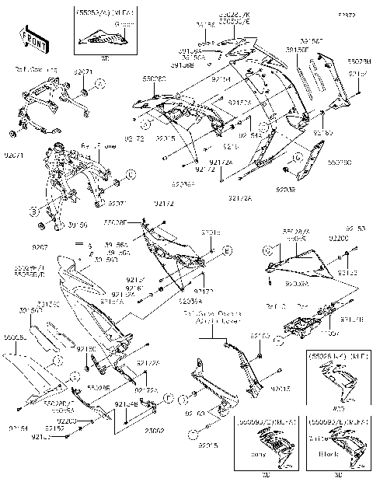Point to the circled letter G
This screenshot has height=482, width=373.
point(287,168)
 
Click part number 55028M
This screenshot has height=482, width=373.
point(357,60)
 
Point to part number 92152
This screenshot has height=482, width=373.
point(54,428)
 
